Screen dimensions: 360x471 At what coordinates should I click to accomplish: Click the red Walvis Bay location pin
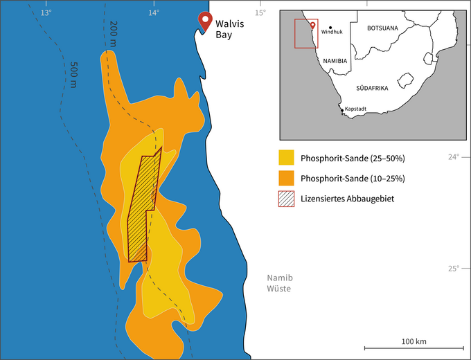[204, 20]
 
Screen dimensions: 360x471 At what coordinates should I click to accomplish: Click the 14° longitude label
[152, 12]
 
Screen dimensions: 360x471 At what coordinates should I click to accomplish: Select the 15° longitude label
[260, 12]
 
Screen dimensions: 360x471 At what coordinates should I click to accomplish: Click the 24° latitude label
[454, 156]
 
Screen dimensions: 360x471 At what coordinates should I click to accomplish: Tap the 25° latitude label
[454, 269]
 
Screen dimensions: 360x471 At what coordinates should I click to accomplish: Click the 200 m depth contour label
[114, 35]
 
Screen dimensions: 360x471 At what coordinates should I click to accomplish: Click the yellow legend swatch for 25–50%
[287, 158]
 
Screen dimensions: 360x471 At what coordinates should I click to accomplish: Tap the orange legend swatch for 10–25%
[287, 178]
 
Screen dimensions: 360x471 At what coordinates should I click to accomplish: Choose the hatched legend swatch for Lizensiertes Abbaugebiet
[287, 199]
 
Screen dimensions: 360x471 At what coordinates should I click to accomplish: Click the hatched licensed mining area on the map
[143, 208]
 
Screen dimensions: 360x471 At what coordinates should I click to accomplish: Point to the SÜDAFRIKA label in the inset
[372, 89]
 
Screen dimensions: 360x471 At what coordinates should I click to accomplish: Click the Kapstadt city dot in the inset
[341, 109]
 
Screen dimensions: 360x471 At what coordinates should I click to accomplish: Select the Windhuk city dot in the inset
[330, 27]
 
